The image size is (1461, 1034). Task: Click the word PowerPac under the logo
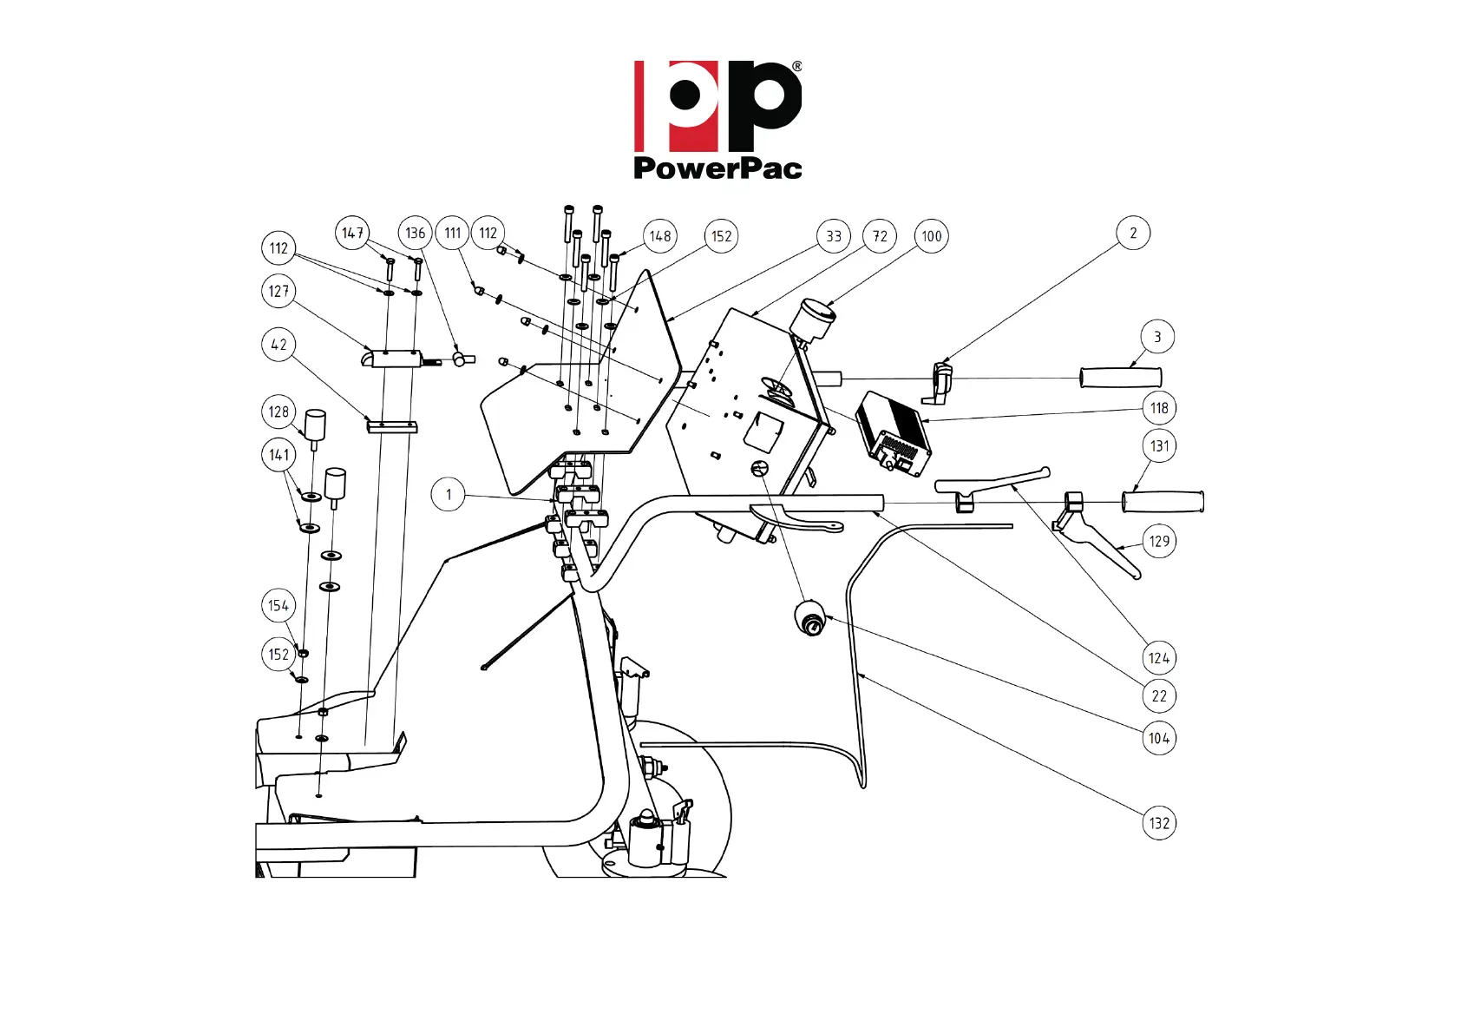[x=717, y=168]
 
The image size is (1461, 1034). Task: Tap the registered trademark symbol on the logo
[x=796, y=66]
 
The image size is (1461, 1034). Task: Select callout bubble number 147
[x=352, y=233]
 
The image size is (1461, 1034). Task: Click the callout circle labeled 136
[x=416, y=233]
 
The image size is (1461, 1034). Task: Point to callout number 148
[x=660, y=236]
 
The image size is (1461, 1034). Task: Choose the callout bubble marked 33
[x=834, y=236]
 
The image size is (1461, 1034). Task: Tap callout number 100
[x=932, y=236]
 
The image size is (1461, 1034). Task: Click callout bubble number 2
[x=1133, y=233]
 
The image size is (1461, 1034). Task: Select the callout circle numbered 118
[x=1159, y=408]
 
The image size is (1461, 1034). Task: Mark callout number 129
[x=1159, y=541]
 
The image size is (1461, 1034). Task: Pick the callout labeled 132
[x=1159, y=823]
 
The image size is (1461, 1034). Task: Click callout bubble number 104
[x=1159, y=739]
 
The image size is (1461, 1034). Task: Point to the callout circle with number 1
[x=449, y=495]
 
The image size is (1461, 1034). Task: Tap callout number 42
[x=278, y=345]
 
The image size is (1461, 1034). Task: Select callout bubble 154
[x=278, y=606]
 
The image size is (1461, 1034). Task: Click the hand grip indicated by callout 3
[x=1120, y=378]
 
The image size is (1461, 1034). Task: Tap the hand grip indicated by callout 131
[x=1163, y=502]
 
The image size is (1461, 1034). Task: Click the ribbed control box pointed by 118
[x=893, y=432]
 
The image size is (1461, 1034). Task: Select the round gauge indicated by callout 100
[x=814, y=319]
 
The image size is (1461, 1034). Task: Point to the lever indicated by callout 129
[x=1102, y=543]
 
